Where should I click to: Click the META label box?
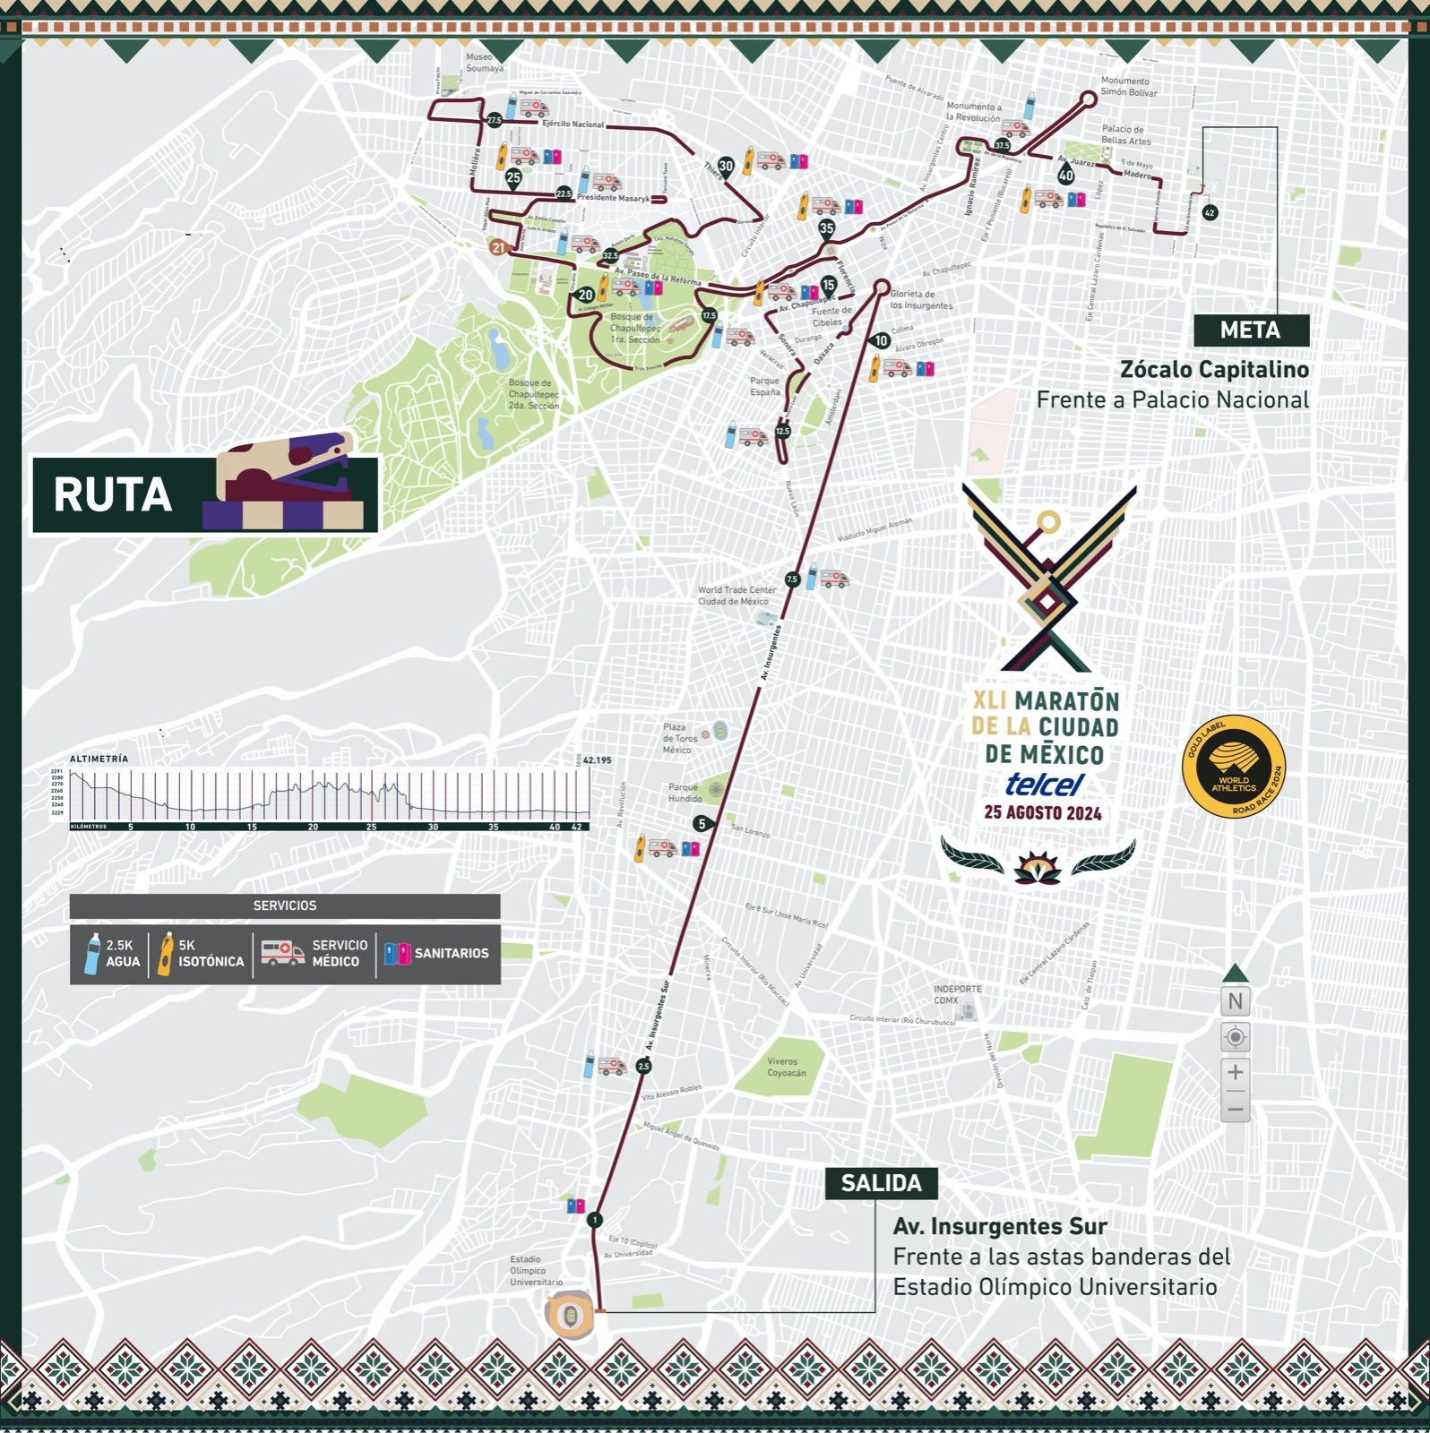pyautogui.click(x=1250, y=330)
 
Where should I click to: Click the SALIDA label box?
pyautogui.click(x=881, y=1183)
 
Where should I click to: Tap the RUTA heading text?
pyautogui.click(x=113, y=495)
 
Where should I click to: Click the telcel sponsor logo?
pyautogui.click(x=1044, y=785)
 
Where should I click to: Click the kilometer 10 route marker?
pyautogui.click(x=882, y=340)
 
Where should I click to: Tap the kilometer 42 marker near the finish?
pyautogui.click(x=1210, y=213)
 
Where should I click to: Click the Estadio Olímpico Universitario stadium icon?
pyautogui.click(x=570, y=1315)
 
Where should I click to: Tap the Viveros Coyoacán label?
pyautogui.click(x=786, y=1067)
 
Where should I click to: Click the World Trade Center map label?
pyautogui.click(x=737, y=596)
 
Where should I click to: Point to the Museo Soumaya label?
pyautogui.click(x=485, y=63)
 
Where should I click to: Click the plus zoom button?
pyautogui.click(x=1235, y=1072)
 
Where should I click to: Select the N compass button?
pyautogui.click(x=1235, y=1001)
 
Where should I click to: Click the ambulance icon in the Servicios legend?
pyautogui.click(x=282, y=953)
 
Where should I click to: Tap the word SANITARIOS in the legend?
pyautogui.click(x=451, y=953)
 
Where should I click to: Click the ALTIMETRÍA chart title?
pyautogui.click(x=99, y=759)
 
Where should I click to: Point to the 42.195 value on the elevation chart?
pyautogui.click(x=597, y=760)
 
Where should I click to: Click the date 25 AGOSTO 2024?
pyautogui.click(x=1042, y=813)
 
